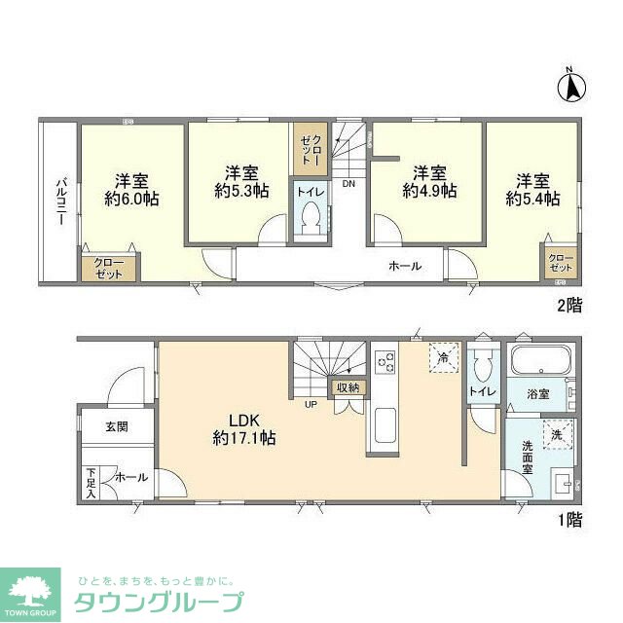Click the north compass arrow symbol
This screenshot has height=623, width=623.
pyautogui.click(x=571, y=87)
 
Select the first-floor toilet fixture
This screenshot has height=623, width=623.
pyautogui.click(x=479, y=366)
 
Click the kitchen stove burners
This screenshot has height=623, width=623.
pyautogui.click(x=385, y=362)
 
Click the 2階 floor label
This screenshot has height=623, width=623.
pyautogui.click(x=568, y=306)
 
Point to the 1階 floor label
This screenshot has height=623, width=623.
pyautogui.click(x=568, y=521)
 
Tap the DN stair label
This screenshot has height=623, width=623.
pyautogui.click(x=348, y=182)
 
